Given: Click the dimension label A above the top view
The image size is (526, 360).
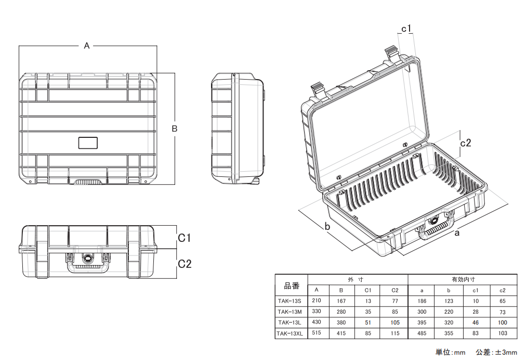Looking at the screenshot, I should (87, 46).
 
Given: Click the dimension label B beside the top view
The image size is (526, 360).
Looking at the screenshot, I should (175, 128).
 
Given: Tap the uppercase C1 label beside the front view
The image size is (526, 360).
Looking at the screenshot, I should (185, 238).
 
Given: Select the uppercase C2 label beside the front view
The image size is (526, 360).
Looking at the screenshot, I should (185, 264).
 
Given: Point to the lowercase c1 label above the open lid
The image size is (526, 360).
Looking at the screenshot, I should (406, 28).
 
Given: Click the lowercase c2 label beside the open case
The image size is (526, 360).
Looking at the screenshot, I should (466, 143).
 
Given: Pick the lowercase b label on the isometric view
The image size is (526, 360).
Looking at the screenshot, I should (327, 226).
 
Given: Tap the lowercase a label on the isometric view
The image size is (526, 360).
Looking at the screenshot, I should (457, 234).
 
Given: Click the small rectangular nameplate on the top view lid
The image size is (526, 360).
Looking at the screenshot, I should (88, 143).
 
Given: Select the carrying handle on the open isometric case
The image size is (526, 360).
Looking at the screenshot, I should (432, 229).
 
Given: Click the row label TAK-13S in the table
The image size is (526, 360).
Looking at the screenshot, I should (290, 301).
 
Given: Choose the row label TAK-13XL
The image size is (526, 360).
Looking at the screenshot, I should (290, 333).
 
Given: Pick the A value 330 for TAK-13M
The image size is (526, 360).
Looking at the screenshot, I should (316, 311).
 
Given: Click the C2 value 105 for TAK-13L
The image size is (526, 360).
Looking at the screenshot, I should (394, 323).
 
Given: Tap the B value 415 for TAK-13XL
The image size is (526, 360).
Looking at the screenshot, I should (341, 333).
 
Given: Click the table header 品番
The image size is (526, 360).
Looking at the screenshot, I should (292, 285).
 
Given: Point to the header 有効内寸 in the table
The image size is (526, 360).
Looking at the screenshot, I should (463, 279).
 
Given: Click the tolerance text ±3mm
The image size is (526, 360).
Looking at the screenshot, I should (506, 352).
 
